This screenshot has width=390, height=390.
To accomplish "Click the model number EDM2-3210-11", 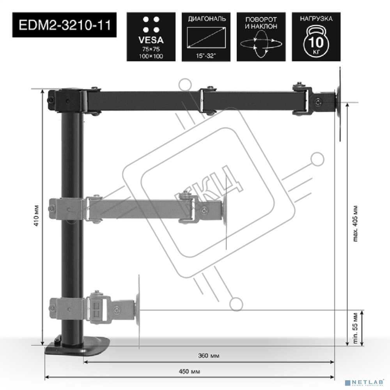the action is (64, 25).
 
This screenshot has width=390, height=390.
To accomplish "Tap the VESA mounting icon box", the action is (151, 37).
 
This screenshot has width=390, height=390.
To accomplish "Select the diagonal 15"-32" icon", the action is (206, 37).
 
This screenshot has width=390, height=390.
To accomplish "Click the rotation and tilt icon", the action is (261, 37).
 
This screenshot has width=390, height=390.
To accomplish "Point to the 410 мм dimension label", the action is (37, 215).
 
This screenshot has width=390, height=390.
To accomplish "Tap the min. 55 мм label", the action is (355, 328).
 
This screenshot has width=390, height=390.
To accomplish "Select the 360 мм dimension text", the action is (208, 356).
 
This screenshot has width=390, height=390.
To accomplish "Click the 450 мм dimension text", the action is (189, 372).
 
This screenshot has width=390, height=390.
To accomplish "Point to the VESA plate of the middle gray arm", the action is (225, 211).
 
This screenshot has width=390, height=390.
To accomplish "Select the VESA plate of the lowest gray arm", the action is (138, 310).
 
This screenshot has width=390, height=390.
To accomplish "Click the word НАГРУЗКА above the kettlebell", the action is (316, 19).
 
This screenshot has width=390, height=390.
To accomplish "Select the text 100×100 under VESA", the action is (151, 56).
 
